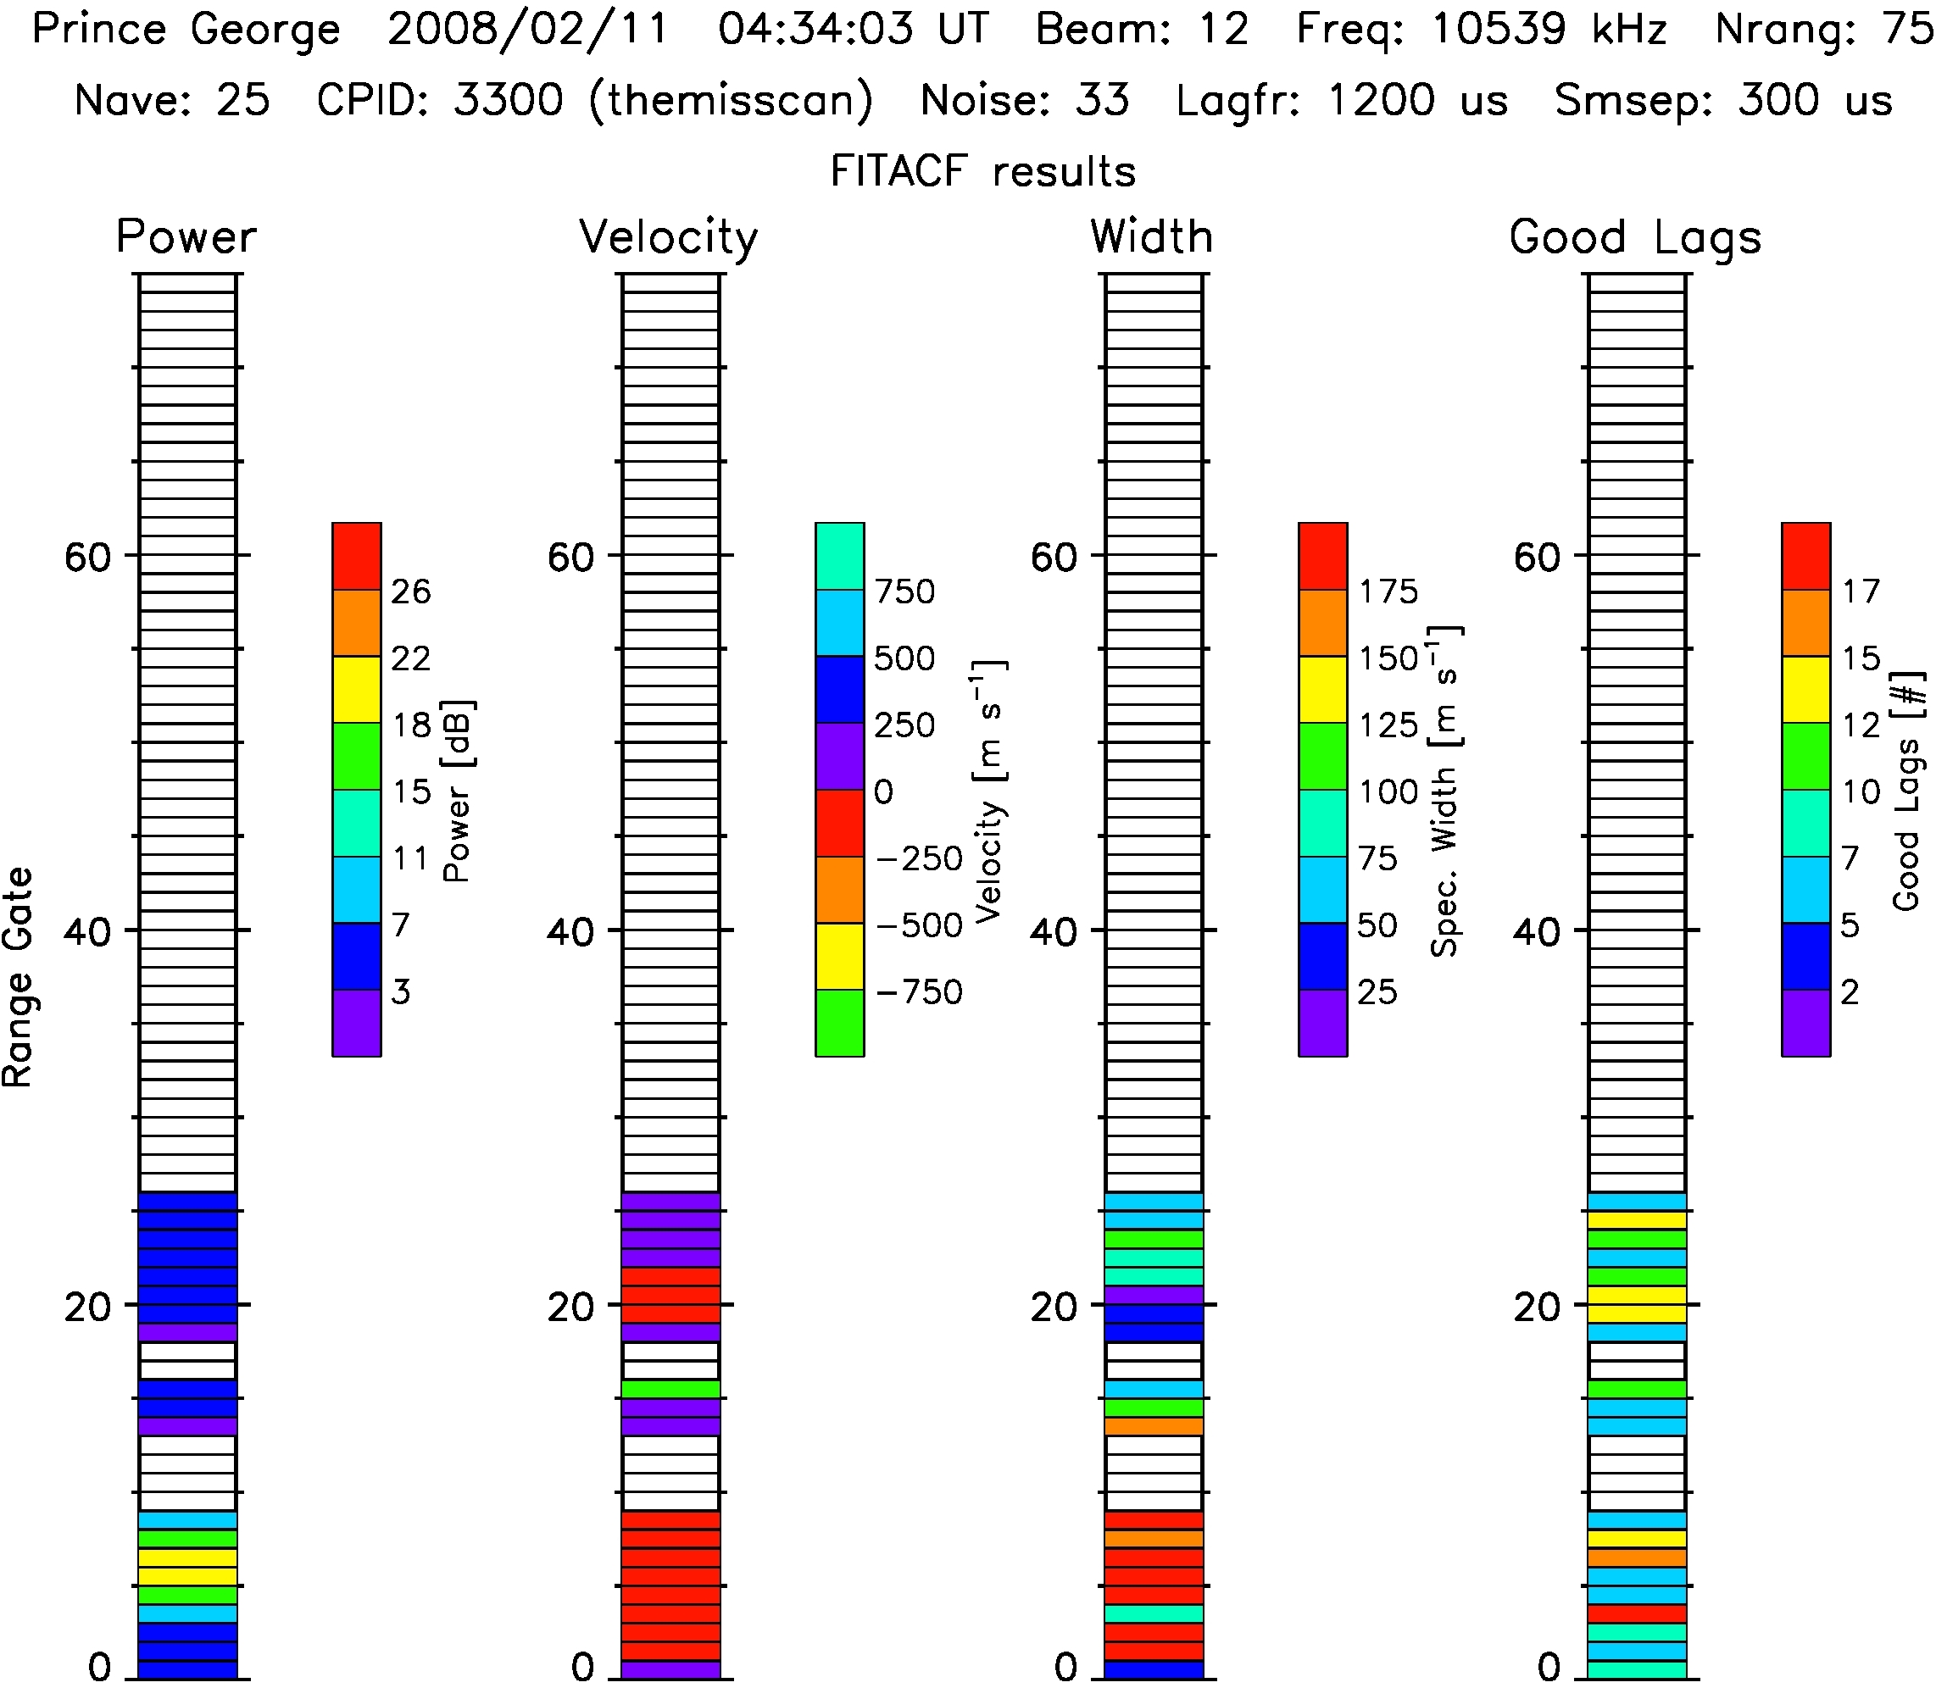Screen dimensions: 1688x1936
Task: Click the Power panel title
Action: pos(186,236)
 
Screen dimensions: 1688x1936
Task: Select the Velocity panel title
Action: pos(668,237)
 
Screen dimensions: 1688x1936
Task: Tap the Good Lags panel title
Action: pos(1634,237)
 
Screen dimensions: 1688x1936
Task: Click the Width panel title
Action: pos(1151,236)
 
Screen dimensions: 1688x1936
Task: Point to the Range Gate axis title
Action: pos(19,977)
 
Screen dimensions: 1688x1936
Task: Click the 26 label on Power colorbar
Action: pos(411,591)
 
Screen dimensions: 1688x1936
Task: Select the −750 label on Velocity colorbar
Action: pos(919,992)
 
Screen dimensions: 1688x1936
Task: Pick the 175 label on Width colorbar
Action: pos(1388,591)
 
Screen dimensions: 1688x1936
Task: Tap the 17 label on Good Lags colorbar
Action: pos(1861,591)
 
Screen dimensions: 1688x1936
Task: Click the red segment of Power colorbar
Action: pos(356,556)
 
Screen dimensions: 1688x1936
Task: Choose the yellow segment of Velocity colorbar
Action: pos(839,956)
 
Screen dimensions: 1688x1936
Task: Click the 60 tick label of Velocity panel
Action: pos(571,557)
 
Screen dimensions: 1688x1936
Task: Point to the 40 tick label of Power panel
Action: pos(87,931)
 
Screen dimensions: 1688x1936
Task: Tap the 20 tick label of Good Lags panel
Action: pos(1538,1307)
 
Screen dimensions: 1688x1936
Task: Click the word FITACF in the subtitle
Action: pos(898,171)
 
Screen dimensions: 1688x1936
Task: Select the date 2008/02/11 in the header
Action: pos(527,29)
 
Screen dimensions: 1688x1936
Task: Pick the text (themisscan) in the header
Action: pos(731,100)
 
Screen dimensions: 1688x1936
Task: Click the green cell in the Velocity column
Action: pos(670,1389)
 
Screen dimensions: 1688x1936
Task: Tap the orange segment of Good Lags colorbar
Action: pos(1805,623)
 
